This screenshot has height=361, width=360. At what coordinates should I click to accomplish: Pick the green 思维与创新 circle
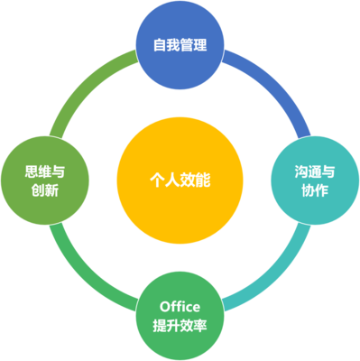point(45,180)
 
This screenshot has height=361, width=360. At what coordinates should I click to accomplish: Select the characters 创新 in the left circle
point(45,191)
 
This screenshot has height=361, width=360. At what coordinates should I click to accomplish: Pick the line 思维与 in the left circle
point(45,170)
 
